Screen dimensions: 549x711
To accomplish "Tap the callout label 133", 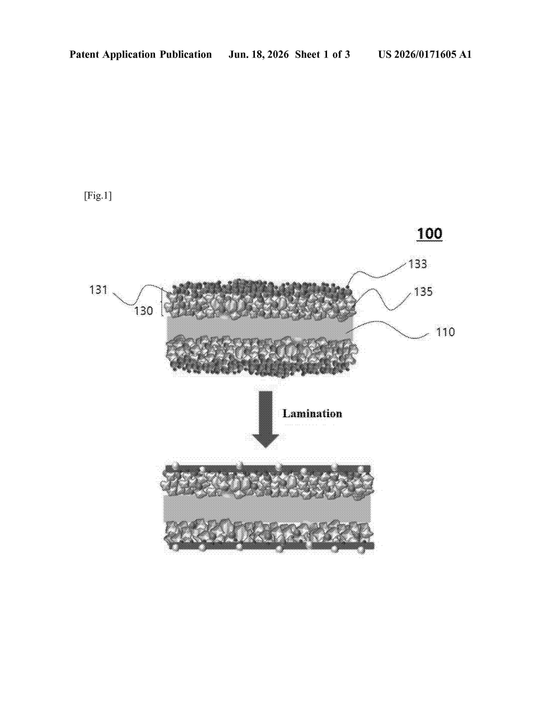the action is point(418,264).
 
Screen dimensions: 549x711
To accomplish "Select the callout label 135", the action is point(423,291).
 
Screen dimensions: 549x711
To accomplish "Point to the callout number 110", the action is point(445,332).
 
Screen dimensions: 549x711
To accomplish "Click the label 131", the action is point(98,289).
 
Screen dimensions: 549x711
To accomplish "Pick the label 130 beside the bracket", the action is point(143,311).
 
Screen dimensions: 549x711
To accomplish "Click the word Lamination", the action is point(312,413).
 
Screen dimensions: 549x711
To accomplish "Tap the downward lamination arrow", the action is point(265,419).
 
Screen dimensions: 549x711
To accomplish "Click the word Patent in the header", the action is point(85,54).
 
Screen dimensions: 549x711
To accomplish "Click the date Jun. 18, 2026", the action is point(259,54).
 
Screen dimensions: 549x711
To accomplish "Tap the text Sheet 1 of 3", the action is point(322,54).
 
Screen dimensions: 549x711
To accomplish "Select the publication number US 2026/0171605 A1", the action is point(425,54).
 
